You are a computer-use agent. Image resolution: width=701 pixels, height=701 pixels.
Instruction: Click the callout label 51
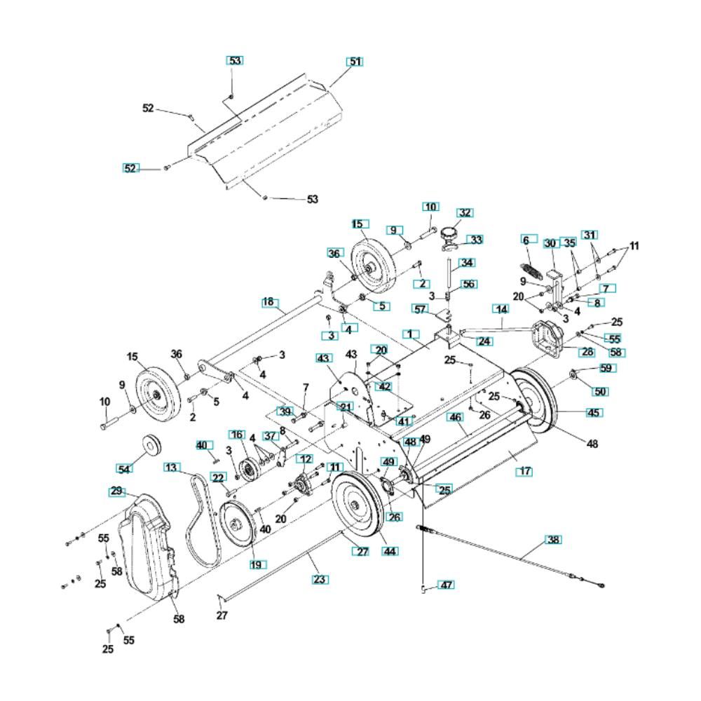click(x=355, y=62)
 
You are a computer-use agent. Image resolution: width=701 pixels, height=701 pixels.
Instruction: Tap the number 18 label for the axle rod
click(x=268, y=301)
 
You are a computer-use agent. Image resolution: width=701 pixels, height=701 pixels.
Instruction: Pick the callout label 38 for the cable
click(x=554, y=539)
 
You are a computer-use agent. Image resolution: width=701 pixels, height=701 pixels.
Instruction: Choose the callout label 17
click(x=524, y=472)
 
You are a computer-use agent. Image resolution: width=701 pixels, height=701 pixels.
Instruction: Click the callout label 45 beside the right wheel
click(x=594, y=412)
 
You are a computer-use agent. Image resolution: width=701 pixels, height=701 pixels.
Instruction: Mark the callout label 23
click(x=320, y=579)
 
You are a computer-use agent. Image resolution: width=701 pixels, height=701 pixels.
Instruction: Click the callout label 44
click(x=390, y=552)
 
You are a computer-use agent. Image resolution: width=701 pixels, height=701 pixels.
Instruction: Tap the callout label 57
click(x=420, y=309)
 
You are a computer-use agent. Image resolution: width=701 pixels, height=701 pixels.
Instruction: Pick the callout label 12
click(x=304, y=458)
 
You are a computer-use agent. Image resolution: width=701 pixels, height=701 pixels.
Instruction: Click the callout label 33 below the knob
click(x=475, y=240)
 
